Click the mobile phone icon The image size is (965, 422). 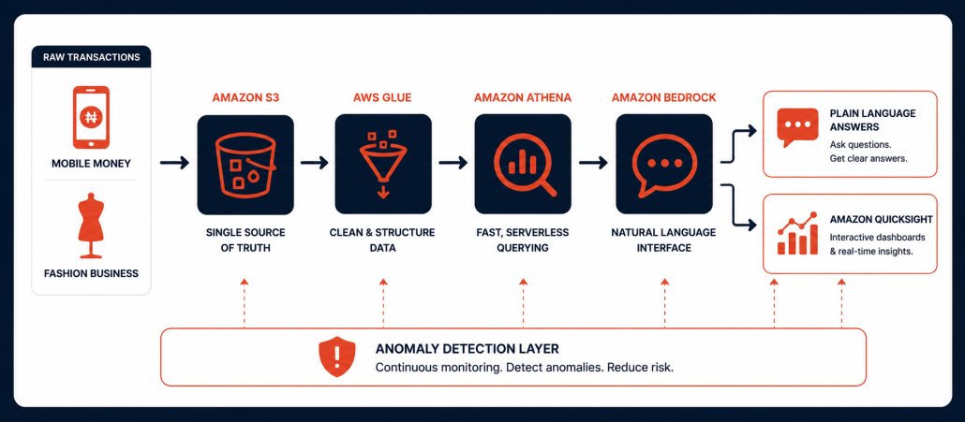coord(91,117)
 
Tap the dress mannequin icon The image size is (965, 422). coord(91,226)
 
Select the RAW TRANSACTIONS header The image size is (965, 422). coord(91,58)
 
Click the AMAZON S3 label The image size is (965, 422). coord(245,97)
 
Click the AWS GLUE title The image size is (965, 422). coord(382,97)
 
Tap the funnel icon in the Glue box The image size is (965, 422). coord(383,164)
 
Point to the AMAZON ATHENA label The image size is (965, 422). coord(523,97)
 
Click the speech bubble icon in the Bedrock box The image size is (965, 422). coord(664,165)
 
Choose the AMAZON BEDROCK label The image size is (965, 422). coord(664,97)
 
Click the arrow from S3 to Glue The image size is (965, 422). coord(315,163)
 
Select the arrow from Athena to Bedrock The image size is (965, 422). coord(593,163)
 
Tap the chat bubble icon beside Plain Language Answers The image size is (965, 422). coord(797,127)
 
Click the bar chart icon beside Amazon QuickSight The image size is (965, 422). coord(797,234)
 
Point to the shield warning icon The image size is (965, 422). coord(336,357)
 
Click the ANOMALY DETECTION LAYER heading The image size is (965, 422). coord(468,349)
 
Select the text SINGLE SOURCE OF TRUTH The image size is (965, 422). coord(245,240)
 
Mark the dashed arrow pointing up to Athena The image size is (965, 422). coord(523,303)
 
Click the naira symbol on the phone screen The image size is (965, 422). coord(91,116)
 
